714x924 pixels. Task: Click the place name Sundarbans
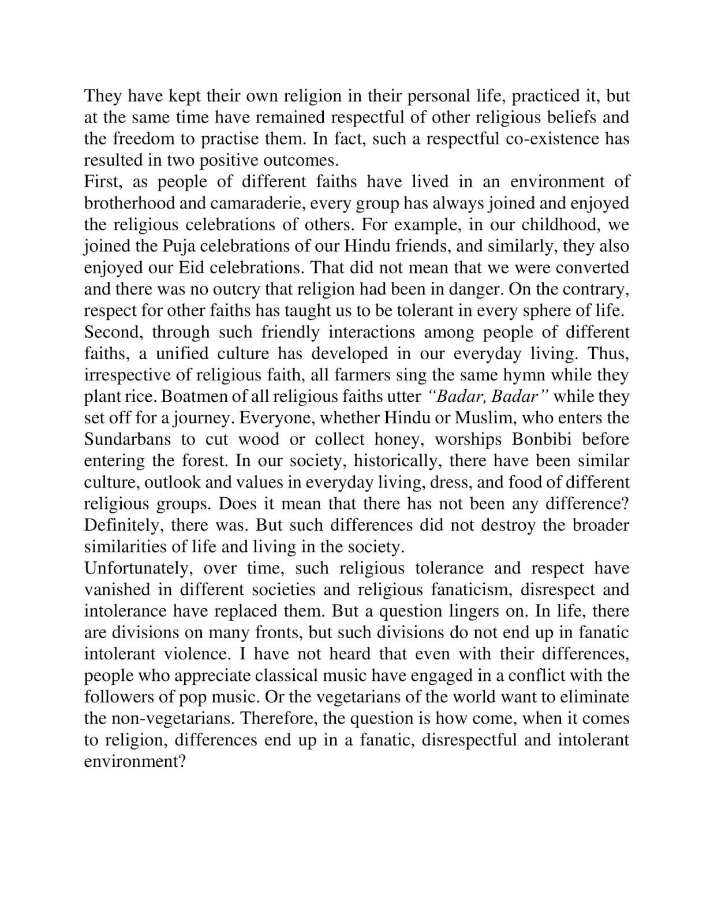(128, 439)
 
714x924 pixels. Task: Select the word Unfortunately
(139, 568)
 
